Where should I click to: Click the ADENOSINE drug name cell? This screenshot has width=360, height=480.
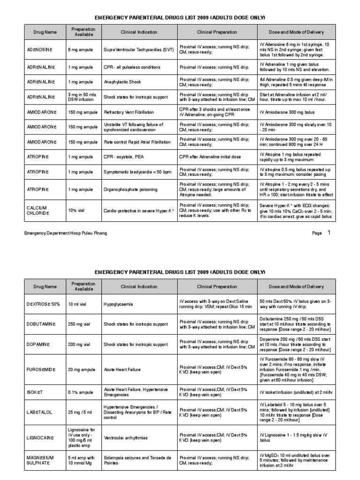point(39,49)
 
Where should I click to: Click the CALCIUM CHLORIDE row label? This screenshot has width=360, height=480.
point(37,210)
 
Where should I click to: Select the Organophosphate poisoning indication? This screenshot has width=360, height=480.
point(131,189)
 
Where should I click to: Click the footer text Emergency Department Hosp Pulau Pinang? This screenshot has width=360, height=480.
point(66,233)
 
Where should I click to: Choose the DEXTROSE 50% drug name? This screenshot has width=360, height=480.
point(43,304)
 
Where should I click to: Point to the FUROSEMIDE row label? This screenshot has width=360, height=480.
point(41,369)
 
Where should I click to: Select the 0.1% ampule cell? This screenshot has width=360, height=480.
point(80,392)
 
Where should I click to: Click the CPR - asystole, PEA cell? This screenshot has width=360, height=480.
point(125,157)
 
